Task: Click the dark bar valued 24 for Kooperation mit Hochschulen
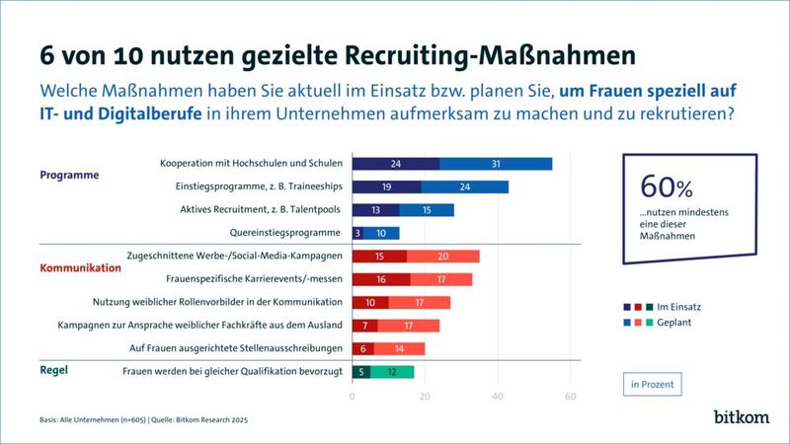(x=395, y=163)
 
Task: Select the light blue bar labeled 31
(x=495, y=163)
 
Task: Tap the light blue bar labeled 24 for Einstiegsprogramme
(x=464, y=186)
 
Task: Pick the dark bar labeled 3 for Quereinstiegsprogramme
(x=357, y=233)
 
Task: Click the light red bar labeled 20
(x=442, y=257)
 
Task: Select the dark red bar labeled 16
(x=381, y=279)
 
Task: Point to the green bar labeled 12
(x=392, y=372)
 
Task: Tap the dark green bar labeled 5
(x=361, y=372)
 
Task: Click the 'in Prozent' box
(x=656, y=382)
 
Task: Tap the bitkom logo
(x=741, y=416)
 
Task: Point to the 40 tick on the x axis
(x=498, y=397)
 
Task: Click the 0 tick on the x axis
(x=353, y=397)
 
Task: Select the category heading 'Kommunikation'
(x=80, y=267)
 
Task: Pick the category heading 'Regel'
(x=55, y=372)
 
